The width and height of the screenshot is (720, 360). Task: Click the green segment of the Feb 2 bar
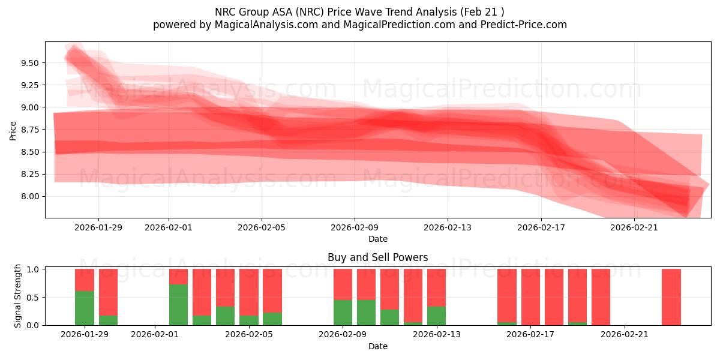pyautogui.click(x=178, y=305)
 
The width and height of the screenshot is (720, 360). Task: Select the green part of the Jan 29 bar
pyautogui.click(x=85, y=308)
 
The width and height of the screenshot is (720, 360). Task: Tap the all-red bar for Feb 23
pyautogui.click(x=671, y=297)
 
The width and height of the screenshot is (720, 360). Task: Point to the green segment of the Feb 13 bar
pyautogui.click(x=436, y=316)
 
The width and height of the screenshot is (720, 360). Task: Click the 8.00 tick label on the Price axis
pyautogui.click(x=30, y=196)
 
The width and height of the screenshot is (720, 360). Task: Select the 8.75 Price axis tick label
pyautogui.click(x=30, y=130)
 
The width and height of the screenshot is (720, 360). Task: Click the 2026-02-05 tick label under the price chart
pyautogui.click(x=261, y=227)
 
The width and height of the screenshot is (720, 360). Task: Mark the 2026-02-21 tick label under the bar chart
pyautogui.click(x=625, y=335)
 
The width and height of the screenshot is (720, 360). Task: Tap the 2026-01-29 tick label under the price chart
pyautogui.click(x=98, y=227)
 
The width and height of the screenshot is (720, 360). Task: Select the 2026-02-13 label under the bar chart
pyautogui.click(x=437, y=335)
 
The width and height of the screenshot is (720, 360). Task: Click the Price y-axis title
pyautogui.click(x=13, y=130)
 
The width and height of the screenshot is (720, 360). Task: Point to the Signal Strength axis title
pyautogui.click(x=18, y=296)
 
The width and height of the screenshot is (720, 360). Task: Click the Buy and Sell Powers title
pyautogui.click(x=377, y=257)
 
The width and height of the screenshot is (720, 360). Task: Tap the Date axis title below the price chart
pyautogui.click(x=377, y=239)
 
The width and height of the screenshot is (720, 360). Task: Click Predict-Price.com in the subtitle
pyautogui.click(x=526, y=25)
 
